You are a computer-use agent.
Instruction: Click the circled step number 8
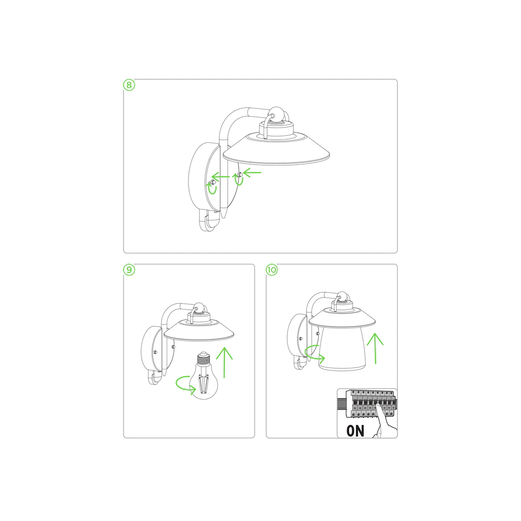[x=129, y=85]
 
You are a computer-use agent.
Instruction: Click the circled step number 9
[x=129, y=269]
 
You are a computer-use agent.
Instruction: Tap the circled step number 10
[x=272, y=269]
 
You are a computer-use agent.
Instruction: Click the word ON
[x=355, y=431]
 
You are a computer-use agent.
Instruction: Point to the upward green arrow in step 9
[x=224, y=363]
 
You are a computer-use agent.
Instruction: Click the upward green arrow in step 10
[x=375, y=349]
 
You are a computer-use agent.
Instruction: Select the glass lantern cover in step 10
[x=342, y=349]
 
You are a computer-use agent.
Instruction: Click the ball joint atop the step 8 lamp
[x=277, y=115]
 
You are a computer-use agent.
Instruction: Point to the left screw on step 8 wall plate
[x=213, y=182]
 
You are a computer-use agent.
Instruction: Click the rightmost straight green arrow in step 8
[x=253, y=172]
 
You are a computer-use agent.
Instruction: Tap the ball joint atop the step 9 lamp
[x=199, y=308]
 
